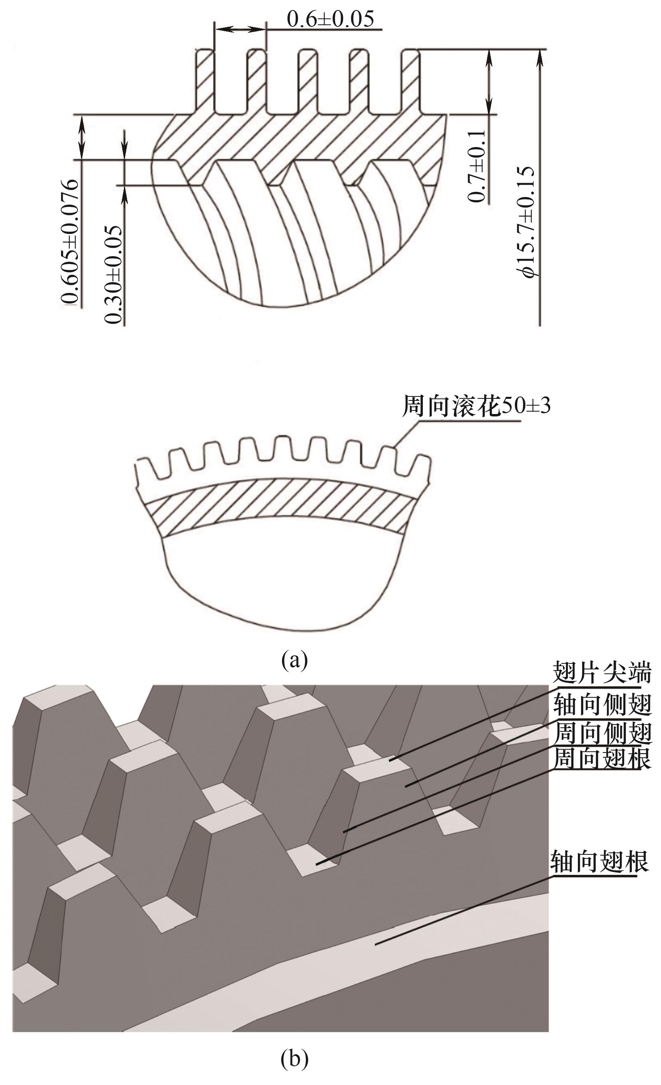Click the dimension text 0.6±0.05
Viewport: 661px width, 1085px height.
click(x=330, y=19)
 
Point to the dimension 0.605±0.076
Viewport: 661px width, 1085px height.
click(x=70, y=241)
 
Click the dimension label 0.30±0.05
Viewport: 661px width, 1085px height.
click(x=113, y=275)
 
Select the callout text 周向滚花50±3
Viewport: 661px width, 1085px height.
click(x=476, y=406)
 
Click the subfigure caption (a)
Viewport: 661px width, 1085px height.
click(x=294, y=660)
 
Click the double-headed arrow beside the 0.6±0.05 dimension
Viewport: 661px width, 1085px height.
click(x=240, y=29)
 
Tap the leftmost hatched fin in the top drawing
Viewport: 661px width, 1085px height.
click(x=205, y=82)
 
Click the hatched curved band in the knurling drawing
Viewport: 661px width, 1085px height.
click(x=281, y=506)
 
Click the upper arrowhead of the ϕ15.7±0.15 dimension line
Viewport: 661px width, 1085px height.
click(x=540, y=58)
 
